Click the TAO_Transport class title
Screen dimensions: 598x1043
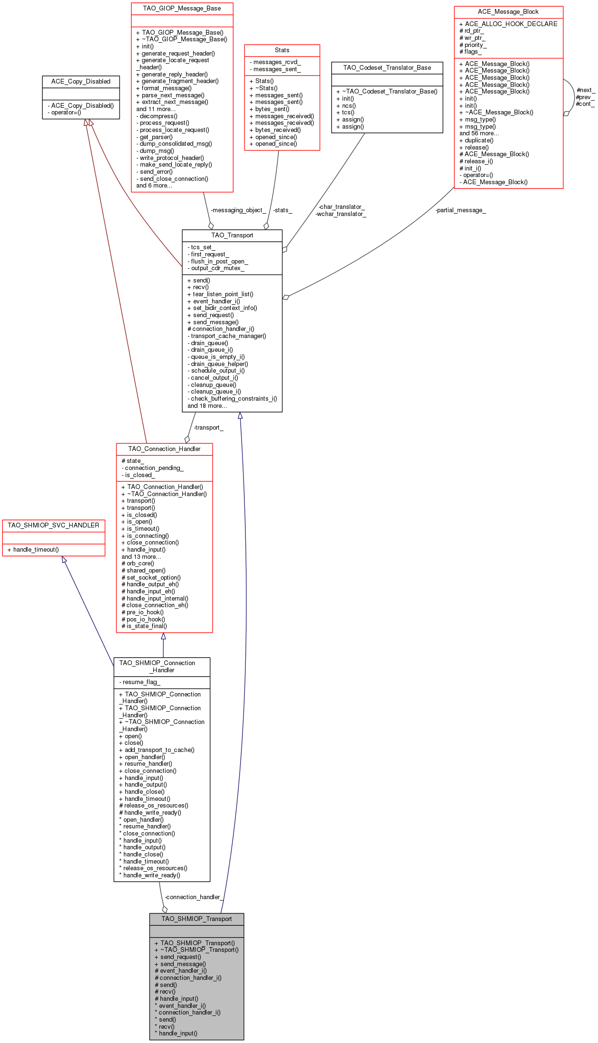pos(232,235)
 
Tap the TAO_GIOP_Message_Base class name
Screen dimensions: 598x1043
pos(182,9)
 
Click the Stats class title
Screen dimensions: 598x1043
pos(282,50)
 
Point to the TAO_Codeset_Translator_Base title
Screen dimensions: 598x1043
pos(387,68)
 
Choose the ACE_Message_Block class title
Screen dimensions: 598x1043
pos(508,12)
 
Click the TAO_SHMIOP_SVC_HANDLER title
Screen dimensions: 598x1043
pos(54,526)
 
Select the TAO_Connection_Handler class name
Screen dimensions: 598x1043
pos(164,449)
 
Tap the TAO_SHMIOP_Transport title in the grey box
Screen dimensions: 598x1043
pos(196,919)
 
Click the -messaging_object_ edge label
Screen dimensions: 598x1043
pos(238,210)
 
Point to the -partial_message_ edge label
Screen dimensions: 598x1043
pos(460,210)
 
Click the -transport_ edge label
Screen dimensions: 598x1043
pos(208,428)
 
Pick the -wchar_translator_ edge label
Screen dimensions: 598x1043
pos(341,214)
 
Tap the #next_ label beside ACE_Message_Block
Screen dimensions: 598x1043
pos(585,90)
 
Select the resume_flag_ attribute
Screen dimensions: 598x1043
pos(141,682)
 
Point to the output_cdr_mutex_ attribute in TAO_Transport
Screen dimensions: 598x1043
pos(217,268)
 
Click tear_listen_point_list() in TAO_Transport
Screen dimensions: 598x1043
pos(223,294)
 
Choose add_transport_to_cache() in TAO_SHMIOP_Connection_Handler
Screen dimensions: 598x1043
pos(159,750)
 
